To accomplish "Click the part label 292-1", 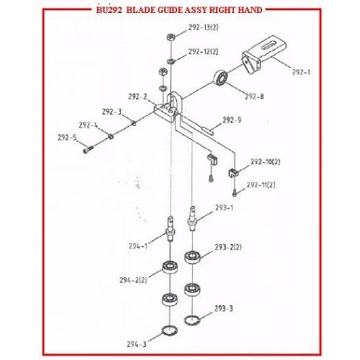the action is (301, 72).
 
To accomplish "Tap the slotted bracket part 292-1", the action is (264, 55).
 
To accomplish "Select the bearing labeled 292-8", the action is (220, 78).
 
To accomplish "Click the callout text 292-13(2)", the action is (203, 27).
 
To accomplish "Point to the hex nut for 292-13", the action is (171, 37).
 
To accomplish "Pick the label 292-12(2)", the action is (203, 52).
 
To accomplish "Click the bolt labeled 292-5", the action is (88, 149).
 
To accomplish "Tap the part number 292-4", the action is (89, 125).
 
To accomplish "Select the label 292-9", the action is (232, 120).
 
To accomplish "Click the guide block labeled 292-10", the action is (233, 173).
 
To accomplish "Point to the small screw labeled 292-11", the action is (235, 193).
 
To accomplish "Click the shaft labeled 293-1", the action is (192, 218).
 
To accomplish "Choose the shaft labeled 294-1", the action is (170, 228).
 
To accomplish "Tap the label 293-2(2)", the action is (228, 247).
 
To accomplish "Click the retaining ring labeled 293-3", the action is (192, 320).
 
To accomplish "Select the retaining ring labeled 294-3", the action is (170, 330).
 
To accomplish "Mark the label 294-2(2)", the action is (133, 280).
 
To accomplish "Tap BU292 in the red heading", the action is (109, 10).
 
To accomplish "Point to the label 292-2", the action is (138, 96).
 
